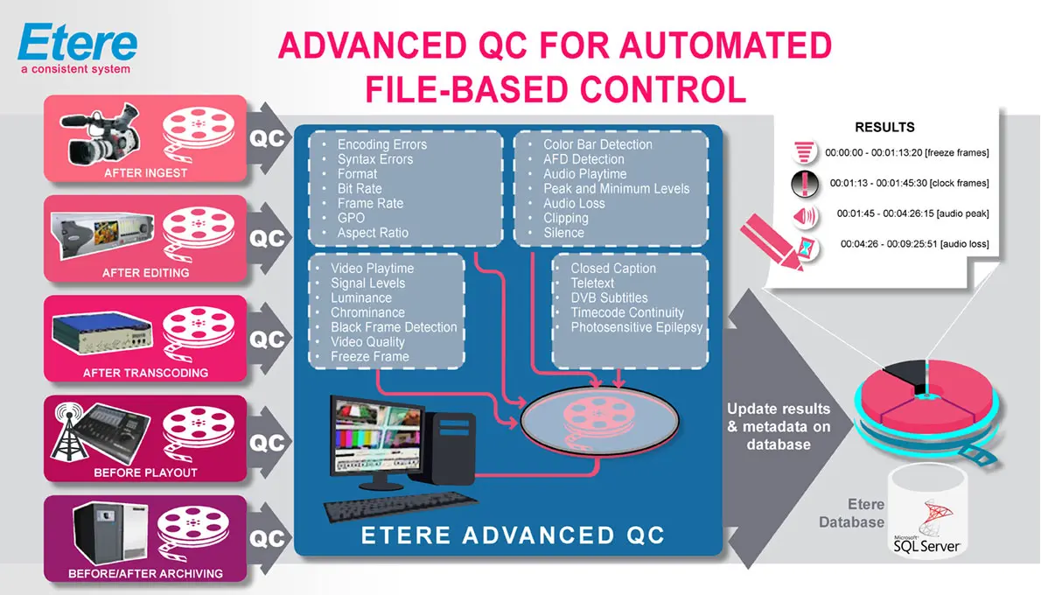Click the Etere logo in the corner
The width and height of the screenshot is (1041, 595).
[x=78, y=48]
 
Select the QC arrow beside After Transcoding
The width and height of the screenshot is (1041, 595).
[x=268, y=339]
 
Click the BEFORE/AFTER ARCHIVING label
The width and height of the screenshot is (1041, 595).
[x=145, y=574]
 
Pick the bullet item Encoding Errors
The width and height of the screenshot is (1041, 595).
[x=382, y=144]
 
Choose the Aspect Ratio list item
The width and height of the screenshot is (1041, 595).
[x=373, y=233]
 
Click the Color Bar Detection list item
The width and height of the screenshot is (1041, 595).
[x=597, y=144]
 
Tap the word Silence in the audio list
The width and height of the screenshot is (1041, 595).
[x=563, y=233]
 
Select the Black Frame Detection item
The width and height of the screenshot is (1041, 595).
[x=394, y=327]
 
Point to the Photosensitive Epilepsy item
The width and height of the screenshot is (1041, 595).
[x=636, y=327]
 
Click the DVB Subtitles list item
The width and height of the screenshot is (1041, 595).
[x=609, y=297]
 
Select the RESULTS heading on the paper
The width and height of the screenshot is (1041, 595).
[x=884, y=128]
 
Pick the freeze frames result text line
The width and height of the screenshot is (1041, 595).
[x=906, y=153]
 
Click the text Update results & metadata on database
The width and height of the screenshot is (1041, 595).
[x=779, y=426]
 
